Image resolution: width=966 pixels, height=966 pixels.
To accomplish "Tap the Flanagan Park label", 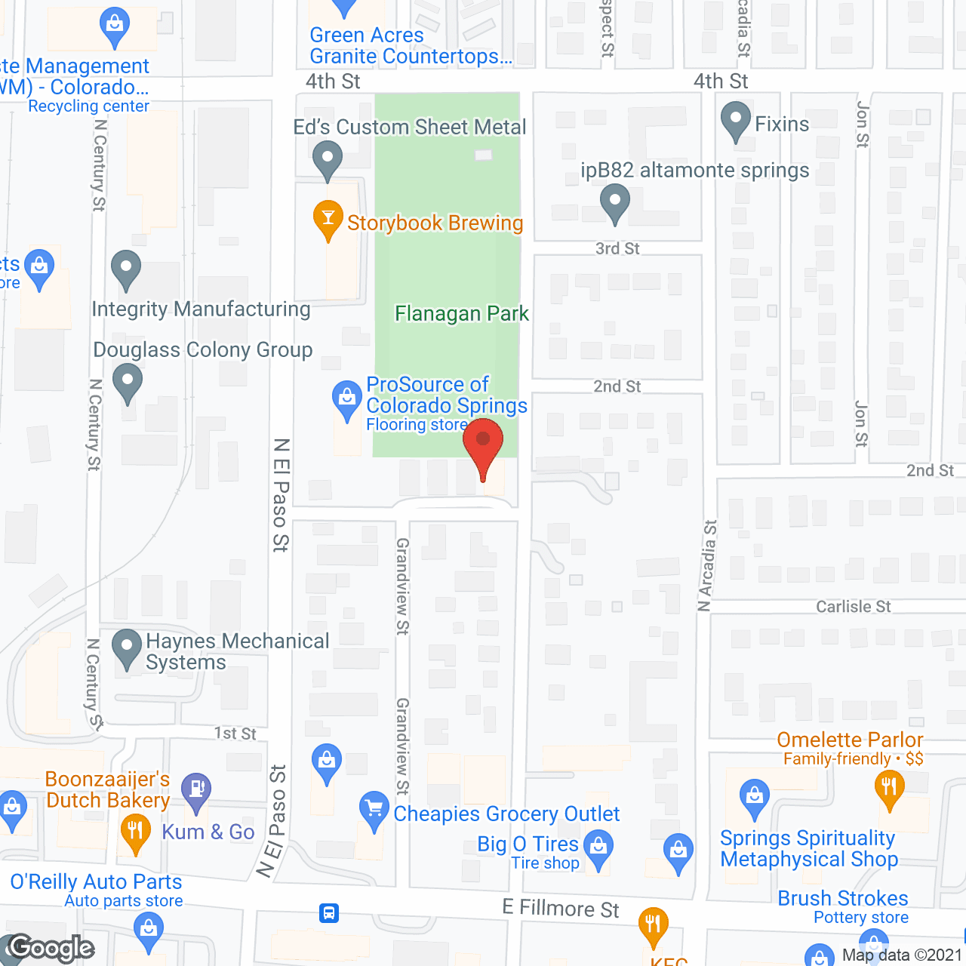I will pyautogui.click(x=462, y=313).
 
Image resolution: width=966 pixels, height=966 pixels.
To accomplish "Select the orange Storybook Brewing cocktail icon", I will pyautogui.click(x=328, y=219).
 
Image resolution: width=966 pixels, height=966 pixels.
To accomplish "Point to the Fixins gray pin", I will pyautogui.click(x=735, y=121).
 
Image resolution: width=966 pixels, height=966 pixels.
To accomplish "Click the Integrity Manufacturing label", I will pyautogui.click(x=201, y=309).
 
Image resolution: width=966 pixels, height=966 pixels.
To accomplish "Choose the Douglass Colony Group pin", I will pyautogui.click(x=127, y=381).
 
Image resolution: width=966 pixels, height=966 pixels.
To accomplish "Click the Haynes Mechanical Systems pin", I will pyautogui.click(x=126, y=648).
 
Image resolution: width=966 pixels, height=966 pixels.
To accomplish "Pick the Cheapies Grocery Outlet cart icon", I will pyautogui.click(x=374, y=808).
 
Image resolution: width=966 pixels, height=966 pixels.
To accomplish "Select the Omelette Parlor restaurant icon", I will pyautogui.click(x=890, y=787).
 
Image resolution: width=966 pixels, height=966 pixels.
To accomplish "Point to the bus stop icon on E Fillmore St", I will pyautogui.click(x=329, y=913).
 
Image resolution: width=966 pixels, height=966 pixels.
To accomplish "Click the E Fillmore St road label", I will pyautogui.click(x=561, y=909).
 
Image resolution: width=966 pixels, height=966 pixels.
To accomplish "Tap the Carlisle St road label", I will pyautogui.click(x=853, y=607).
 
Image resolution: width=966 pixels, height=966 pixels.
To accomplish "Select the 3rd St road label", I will pyautogui.click(x=617, y=248).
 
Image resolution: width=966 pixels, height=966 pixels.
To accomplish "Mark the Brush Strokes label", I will pyautogui.click(x=843, y=898).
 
